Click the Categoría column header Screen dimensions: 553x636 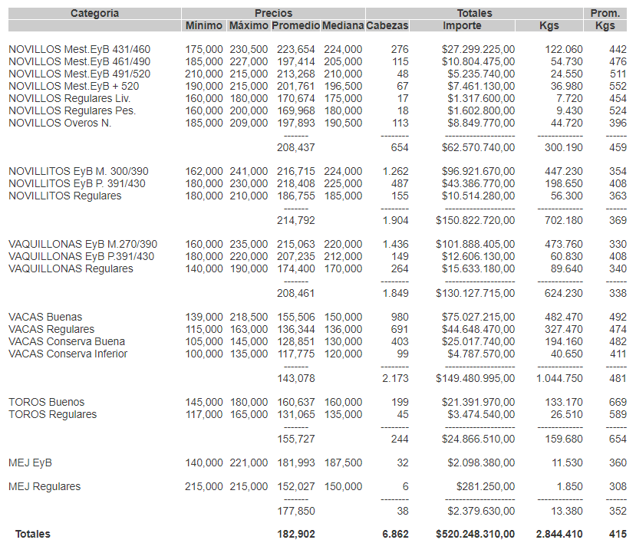[x=94, y=13]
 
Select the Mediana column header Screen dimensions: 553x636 [x=342, y=26]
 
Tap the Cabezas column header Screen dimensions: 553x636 [x=387, y=26]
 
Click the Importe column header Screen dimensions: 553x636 [x=462, y=26]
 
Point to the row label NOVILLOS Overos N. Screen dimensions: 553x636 [x=60, y=123]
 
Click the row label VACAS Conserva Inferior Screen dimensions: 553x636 [x=68, y=354]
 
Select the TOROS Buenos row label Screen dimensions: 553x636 [x=46, y=403]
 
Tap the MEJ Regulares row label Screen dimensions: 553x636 [x=44, y=487]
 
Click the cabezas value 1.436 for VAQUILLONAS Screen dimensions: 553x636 [x=395, y=245]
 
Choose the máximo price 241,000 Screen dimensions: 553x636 [x=249, y=172]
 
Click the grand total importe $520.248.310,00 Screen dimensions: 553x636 [x=475, y=535]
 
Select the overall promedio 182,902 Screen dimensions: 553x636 [x=295, y=535]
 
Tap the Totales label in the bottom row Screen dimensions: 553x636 [x=33, y=535]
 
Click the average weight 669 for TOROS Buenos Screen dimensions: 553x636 [x=618, y=403]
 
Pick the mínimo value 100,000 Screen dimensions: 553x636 [x=204, y=354]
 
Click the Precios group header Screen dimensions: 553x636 [x=273, y=13]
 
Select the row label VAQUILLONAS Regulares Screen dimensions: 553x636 [x=71, y=269]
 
